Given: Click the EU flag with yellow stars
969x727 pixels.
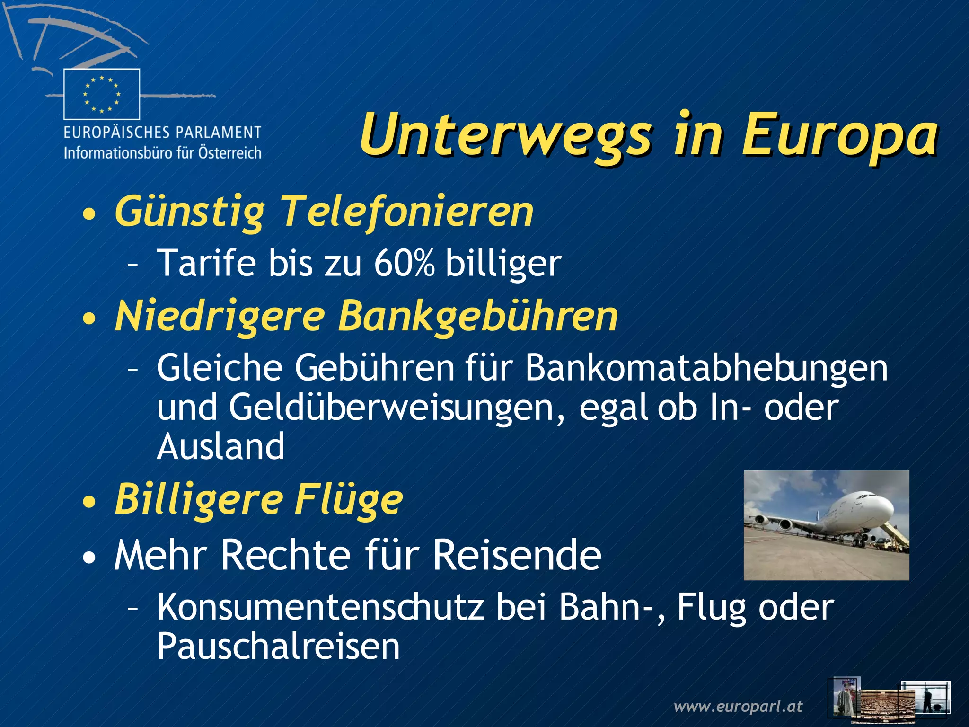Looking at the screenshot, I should pos(102,94).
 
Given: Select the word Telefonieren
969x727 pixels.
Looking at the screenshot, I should pos(407,212).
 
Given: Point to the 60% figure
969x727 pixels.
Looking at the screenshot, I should pos(404,263).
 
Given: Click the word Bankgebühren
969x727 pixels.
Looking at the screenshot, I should pos(478,316).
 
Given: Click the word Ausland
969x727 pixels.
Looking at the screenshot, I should pos(220,447).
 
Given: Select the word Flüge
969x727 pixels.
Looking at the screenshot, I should pos(349,500).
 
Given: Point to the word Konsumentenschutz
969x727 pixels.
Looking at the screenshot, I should pos(320,607).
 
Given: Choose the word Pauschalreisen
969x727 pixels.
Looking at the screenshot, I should pos(278,647).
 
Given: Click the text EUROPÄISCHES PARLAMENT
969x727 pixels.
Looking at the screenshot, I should pos(162,132).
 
